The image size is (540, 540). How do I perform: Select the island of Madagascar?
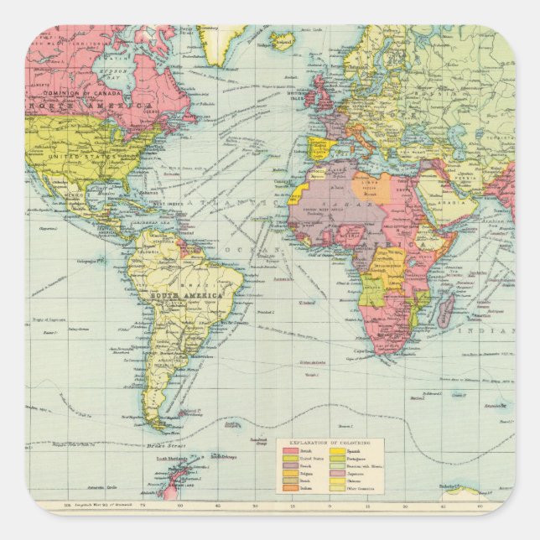445,309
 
